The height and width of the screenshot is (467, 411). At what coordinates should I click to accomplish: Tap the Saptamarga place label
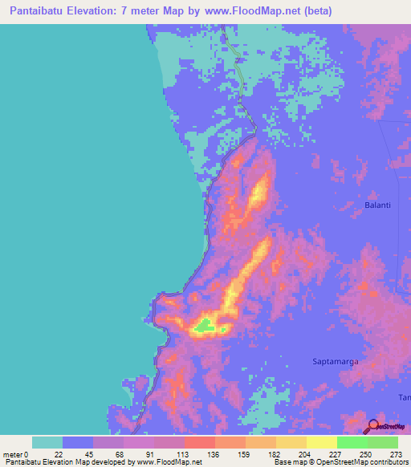[x=335, y=362]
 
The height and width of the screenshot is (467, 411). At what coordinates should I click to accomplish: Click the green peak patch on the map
[x=205, y=325]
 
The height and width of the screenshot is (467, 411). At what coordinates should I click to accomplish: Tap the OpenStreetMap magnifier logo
[x=374, y=426]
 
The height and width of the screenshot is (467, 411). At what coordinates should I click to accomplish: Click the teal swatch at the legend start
[x=47, y=442]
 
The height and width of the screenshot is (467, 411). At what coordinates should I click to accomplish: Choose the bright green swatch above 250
[x=352, y=442]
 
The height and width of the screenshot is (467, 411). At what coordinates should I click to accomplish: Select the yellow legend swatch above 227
[x=322, y=442]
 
